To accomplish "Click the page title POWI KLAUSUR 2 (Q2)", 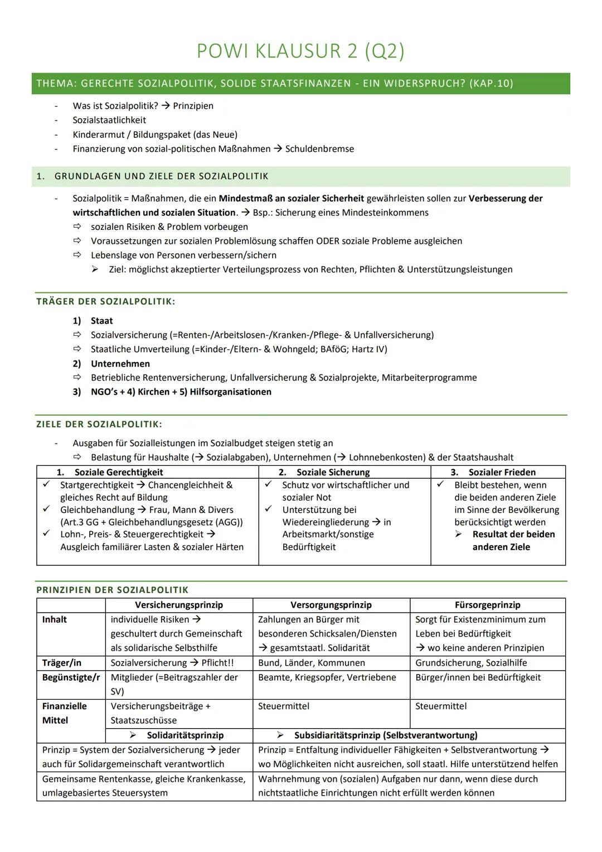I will tap(300, 51).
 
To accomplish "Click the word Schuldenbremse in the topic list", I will tap(319, 149).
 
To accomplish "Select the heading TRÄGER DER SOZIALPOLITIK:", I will tap(106, 302).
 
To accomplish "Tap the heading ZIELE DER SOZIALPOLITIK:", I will tap(99, 424).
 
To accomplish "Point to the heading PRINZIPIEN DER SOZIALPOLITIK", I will tap(113, 590).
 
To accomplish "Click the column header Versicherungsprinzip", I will tap(178, 605).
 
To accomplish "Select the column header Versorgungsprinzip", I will tap(331, 605).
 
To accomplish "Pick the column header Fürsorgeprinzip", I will tap(487, 605).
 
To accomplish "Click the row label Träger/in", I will tap(62, 663).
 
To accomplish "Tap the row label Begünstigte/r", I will tap(71, 677).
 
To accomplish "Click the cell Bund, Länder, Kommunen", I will tap(312, 663).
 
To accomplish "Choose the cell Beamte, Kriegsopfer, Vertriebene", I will tap(327, 677).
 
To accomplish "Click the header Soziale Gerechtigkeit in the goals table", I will tap(119, 472).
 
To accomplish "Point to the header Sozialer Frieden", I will tap(502, 472).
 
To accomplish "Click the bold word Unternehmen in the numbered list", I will tap(120, 364).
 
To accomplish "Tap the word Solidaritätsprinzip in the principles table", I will tap(185, 735).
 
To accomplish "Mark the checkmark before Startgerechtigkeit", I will tap(47, 485).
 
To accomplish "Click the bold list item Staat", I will tap(101, 321).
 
